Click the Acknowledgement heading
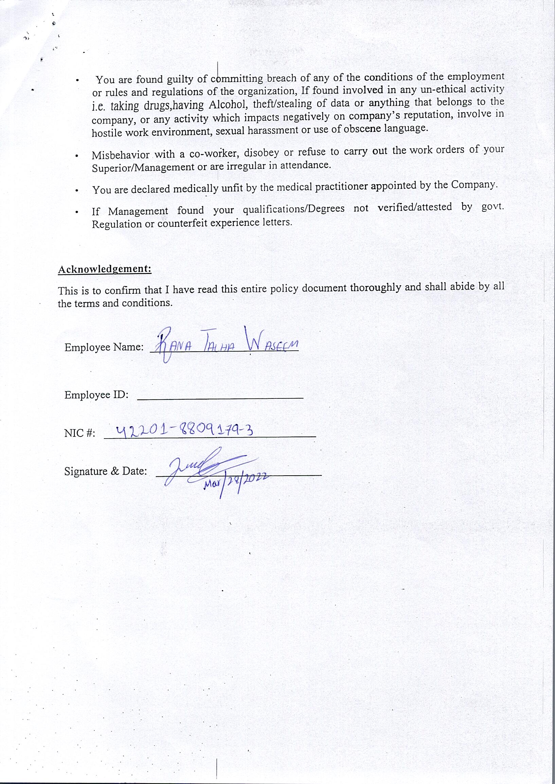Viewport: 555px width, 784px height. (105, 269)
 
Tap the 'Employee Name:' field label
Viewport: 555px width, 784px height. (104, 347)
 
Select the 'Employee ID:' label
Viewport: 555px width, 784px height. (96, 395)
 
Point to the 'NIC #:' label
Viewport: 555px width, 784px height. (79, 433)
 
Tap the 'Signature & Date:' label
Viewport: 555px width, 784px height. (106, 471)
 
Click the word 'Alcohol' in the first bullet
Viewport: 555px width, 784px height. (226, 104)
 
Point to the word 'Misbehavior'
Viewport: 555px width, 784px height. (120, 155)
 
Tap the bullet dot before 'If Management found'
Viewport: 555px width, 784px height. (77, 212)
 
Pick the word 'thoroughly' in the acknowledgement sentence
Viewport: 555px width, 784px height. (375, 287)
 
